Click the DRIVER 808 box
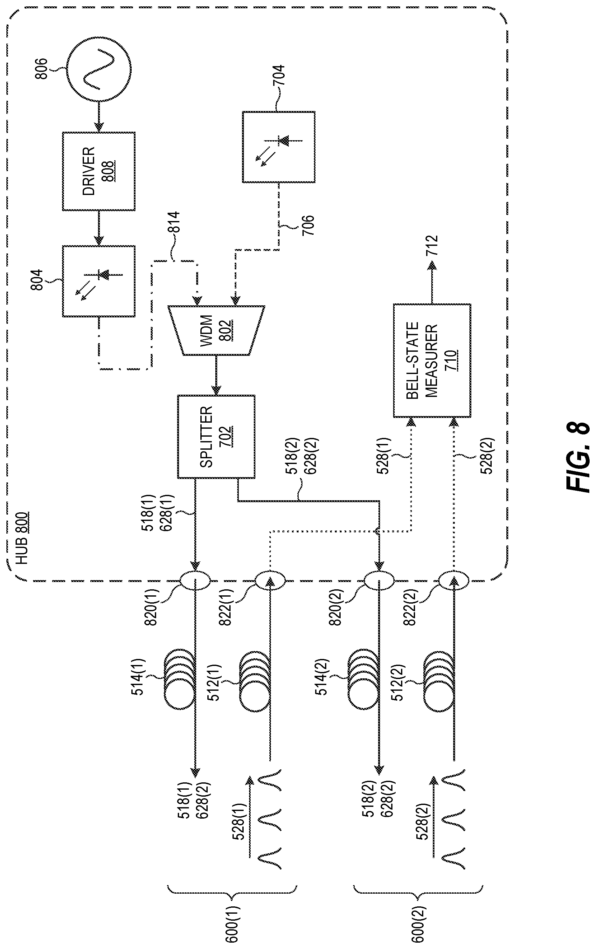coord(99,171)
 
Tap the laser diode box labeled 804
coord(99,281)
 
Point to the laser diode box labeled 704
coord(279,147)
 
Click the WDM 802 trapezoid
coord(216,330)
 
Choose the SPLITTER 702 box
coord(216,437)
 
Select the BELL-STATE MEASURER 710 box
coord(432,360)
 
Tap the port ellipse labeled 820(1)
coord(196,580)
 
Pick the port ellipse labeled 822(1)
coord(270,580)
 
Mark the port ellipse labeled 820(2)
coord(379,580)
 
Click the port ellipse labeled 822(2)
coord(454,580)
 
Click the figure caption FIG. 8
coord(578,457)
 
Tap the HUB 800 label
coord(22,538)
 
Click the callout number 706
coord(308,225)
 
